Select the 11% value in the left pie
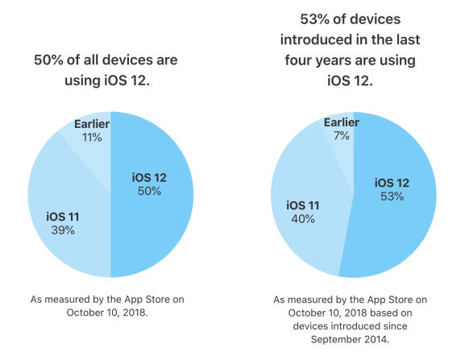click(91, 138)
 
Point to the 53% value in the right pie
click(392, 197)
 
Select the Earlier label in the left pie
click(91, 123)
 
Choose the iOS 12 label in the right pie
click(392, 183)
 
